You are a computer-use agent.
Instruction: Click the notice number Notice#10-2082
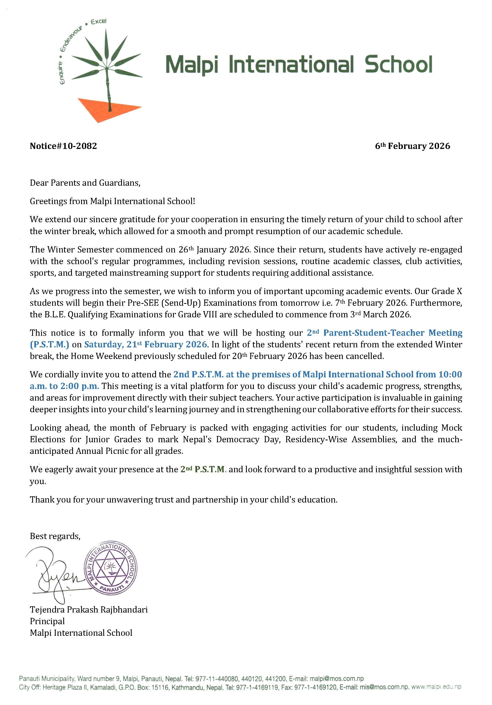pyautogui.click(x=63, y=146)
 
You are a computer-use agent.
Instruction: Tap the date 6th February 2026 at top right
pyautogui.click(x=412, y=146)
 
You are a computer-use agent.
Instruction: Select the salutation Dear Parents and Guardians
pyautogui.click(x=85, y=183)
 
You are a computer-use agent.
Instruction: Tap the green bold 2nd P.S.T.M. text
pyautogui.click(x=203, y=470)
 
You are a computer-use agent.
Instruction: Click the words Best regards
pyautogui.click(x=55, y=536)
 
